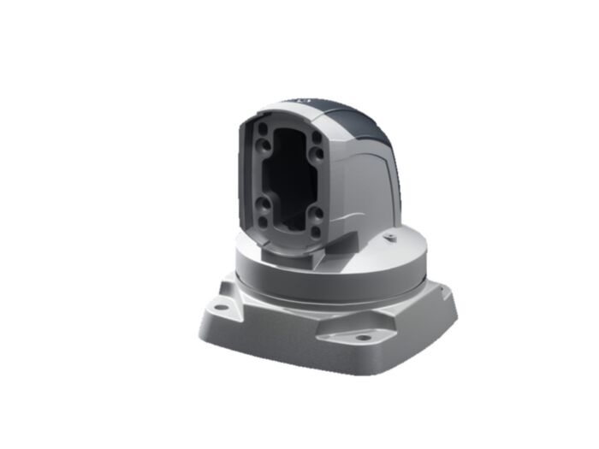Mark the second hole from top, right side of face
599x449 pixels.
tap(317, 155)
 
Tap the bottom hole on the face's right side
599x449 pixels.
tap(316, 231)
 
